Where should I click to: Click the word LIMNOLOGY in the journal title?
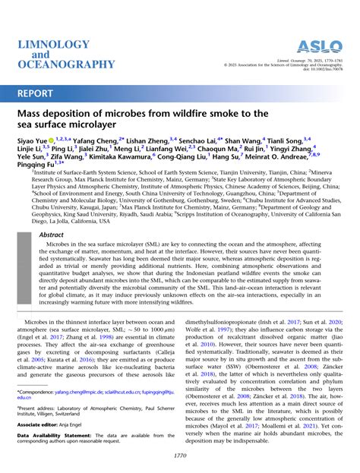pos(52,45)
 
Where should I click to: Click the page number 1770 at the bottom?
pos(179,456)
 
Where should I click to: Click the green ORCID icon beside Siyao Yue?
pos(52,142)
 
